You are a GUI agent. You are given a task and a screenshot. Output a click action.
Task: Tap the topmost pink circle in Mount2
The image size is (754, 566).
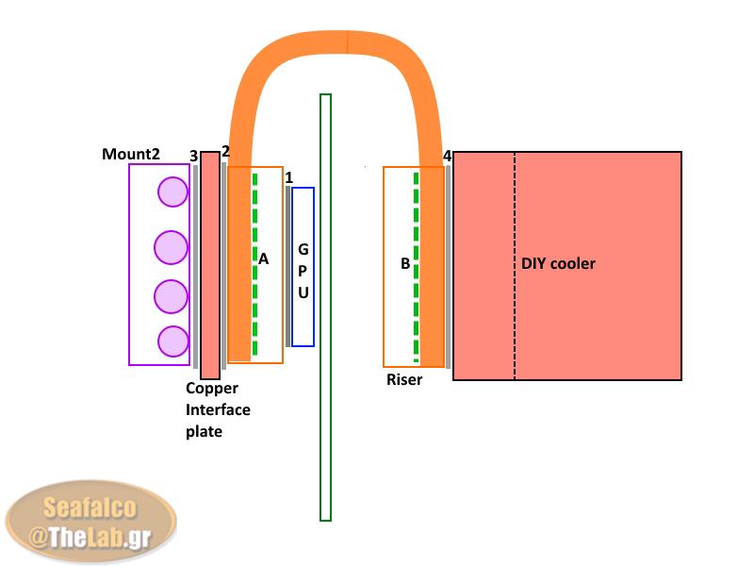(x=172, y=192)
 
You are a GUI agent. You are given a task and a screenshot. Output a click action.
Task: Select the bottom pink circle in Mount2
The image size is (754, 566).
(x=172, y=341)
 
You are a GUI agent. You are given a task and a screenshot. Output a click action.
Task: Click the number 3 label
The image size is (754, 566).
(x=193, y=156)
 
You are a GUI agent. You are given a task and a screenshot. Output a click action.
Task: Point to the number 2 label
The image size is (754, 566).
(x=225, y=152)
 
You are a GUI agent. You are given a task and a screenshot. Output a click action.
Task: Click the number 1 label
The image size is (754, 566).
(x=288, y=177)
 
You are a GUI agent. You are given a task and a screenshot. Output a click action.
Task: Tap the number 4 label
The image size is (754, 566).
(x=447, y=156)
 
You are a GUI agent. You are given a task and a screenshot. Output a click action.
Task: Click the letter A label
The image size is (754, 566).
(x=264, y=258)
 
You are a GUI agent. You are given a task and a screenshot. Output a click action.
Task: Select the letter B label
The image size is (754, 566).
(x=405, y=264)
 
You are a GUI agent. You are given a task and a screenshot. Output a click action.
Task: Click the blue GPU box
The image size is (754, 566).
(x=303, y=267)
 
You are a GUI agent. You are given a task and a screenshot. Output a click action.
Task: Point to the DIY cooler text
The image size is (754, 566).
(x=558, y=263)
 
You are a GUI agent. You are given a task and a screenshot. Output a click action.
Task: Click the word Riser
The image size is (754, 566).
(x=404, y=380)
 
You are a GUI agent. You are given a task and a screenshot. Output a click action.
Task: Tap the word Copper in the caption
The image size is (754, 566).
(x=212, y=388)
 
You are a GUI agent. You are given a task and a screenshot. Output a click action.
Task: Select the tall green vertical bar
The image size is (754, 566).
(x=326, y=307)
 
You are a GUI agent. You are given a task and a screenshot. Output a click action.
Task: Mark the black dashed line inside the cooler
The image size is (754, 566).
(x=515, y=265)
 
